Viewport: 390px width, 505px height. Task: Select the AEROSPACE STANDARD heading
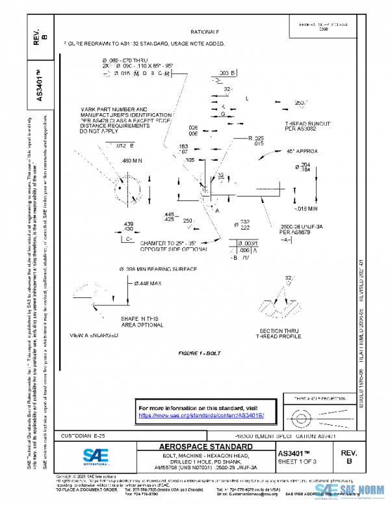click(206, 447)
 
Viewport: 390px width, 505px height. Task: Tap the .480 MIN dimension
click(132, 160)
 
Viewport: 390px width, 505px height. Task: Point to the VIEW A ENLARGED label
click(94, 335)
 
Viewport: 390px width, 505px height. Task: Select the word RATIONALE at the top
click(205, 31)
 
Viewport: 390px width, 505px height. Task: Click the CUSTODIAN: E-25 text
click(83, 434)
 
